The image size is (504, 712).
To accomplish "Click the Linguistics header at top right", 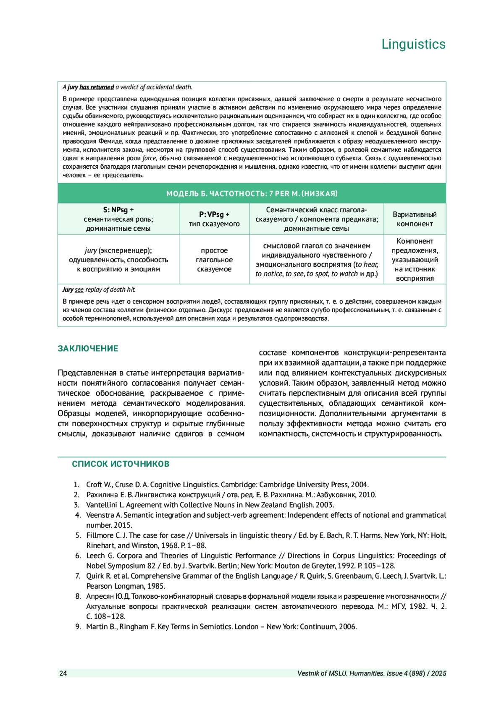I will coord(413,44).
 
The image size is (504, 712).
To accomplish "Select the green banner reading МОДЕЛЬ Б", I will coord(252,193).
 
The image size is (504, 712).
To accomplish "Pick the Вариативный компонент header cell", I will coord(415,219).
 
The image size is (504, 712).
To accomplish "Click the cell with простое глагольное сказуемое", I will coord(214,260).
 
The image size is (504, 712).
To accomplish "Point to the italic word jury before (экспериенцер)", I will coord(91,250).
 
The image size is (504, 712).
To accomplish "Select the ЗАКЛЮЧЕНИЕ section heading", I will coord(88,349).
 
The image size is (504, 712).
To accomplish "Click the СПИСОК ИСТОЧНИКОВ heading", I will coord(121,464).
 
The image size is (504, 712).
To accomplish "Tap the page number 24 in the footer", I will coord(63,673).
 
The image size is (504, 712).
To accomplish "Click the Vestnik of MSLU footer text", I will coord(372,673).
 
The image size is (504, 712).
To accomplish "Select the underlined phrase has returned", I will coord(97,87).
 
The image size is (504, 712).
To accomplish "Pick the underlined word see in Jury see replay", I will coord(79,289).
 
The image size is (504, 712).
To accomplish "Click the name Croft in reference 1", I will coord(95,485).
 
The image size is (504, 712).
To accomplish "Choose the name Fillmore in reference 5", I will coord(100,535).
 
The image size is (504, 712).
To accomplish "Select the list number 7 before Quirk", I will coord(78,576).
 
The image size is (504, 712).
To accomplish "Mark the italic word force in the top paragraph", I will coord(149,158).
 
